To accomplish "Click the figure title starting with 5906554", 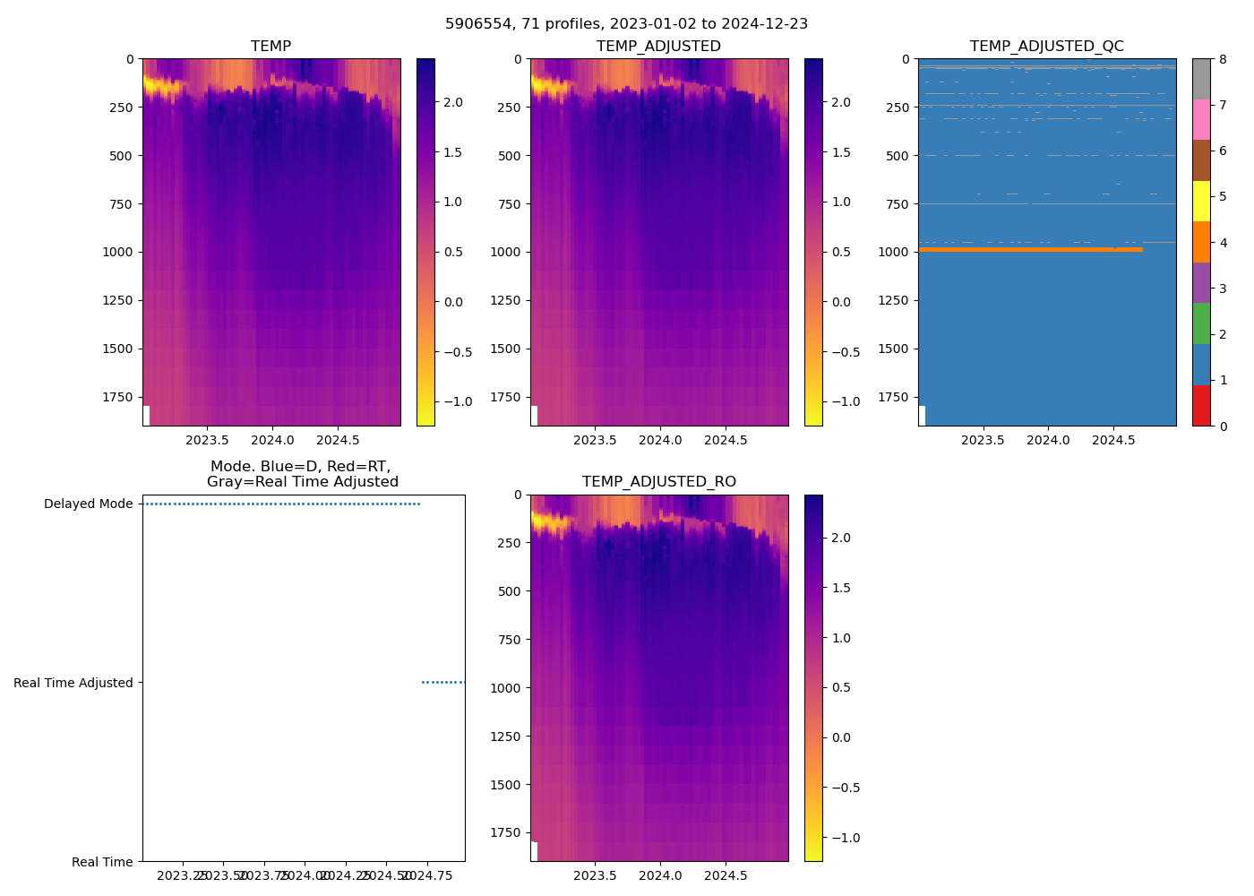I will coord(626,24).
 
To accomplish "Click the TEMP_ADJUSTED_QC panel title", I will coord(1046,47).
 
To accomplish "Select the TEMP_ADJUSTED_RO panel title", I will coord(658,482).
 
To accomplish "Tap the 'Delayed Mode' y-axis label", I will coord(88,504).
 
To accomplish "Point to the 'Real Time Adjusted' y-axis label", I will coord(73,683).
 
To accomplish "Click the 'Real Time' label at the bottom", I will coord(102,862).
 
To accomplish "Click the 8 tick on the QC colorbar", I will coord(1223,59).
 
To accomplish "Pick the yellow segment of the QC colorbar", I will coord(1201,201).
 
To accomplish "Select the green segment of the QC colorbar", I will coord(1201,323).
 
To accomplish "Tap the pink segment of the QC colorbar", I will coord(1201,119).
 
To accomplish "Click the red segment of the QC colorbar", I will coord(1201,405).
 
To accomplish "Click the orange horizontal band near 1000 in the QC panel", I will coord(1030,249).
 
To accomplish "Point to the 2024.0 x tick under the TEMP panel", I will coord(272,440).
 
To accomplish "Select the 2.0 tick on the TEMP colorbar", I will coord(453,102).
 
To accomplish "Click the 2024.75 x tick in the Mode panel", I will coord(427,875).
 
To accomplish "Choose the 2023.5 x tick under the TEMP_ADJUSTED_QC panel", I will coord(983,440).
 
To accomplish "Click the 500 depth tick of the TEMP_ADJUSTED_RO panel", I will coord(507,591).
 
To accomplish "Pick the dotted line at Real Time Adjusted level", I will coord(442,682).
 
